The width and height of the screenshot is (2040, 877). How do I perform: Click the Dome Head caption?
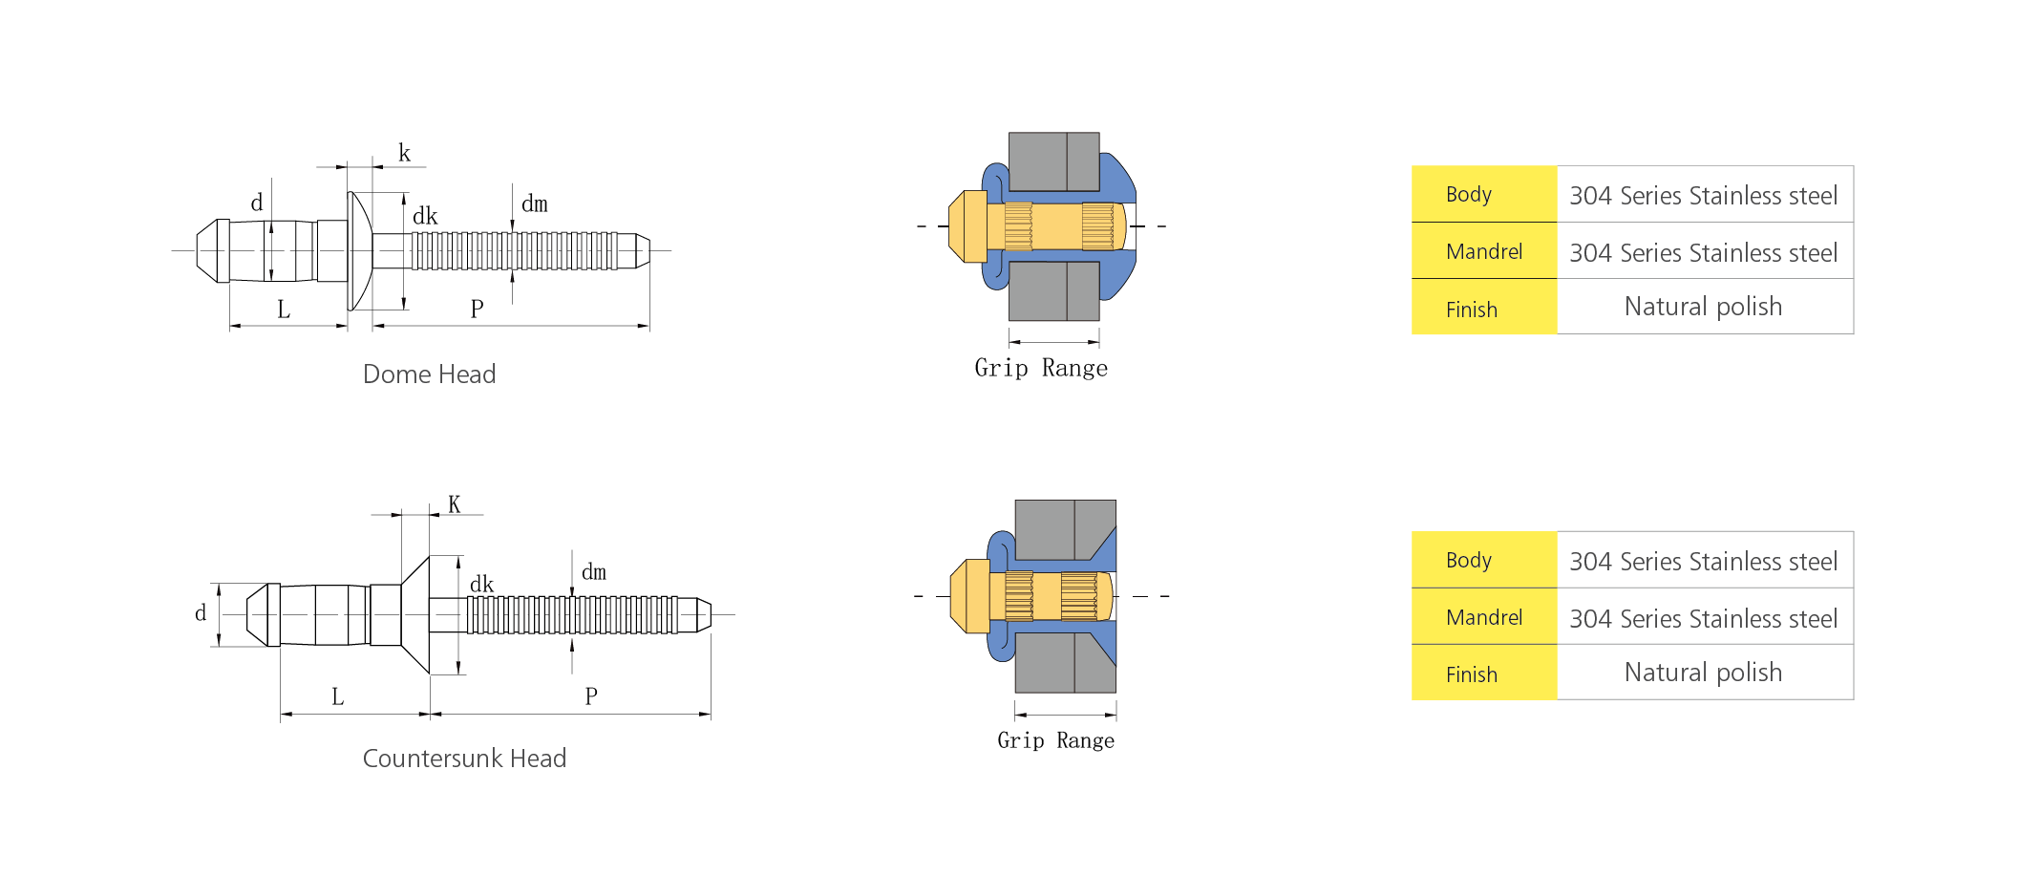[429, 374]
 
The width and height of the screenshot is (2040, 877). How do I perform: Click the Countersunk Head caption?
[464, 759]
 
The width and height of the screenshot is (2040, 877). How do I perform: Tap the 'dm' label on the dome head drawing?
[535, 203]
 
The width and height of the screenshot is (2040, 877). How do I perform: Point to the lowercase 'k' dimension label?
[405, 153]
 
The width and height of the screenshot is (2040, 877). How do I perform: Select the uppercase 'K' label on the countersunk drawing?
[455, 504]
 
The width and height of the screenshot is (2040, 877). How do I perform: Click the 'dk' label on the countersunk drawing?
[482, 584]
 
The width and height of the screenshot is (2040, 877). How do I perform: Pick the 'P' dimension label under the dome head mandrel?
[478, 309]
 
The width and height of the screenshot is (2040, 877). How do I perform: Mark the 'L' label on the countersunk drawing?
[337, 696]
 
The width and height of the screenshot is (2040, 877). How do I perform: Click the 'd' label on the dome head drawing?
[257, 203]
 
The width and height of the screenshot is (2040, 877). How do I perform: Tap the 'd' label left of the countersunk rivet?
[201, 613]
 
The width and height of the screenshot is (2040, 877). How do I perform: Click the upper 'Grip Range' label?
[1041, 369]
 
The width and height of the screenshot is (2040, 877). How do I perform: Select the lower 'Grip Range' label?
[1055, 740]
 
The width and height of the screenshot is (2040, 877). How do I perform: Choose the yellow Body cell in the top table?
[1484, 194]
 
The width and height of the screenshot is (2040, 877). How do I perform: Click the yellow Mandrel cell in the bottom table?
[1484, 617]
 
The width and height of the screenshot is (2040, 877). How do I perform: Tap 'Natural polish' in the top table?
[1704, 307]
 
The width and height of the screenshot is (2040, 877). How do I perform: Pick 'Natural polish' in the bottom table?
[1704, 673]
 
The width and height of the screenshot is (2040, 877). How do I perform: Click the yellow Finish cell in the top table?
[1484, 307]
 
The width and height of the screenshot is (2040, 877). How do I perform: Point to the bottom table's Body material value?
[1704, 562]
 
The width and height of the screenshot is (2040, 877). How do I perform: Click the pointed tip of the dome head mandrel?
[649, 250]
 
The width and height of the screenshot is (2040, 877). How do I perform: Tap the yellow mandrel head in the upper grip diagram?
[967, 226]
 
